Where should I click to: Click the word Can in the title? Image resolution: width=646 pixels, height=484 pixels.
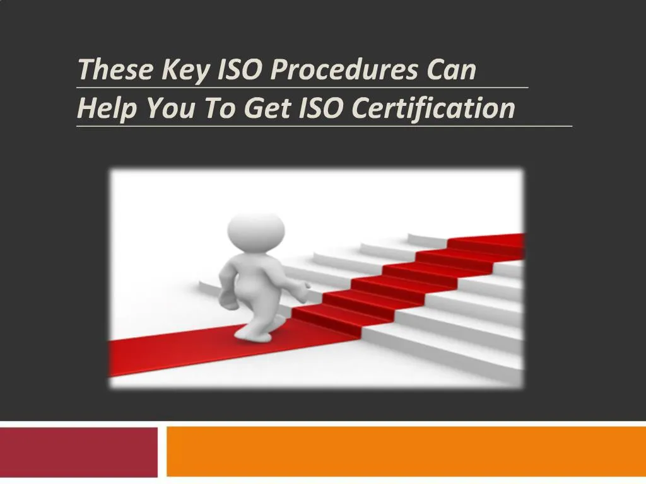[451, 69]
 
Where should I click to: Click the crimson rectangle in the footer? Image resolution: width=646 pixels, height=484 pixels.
[78, 452]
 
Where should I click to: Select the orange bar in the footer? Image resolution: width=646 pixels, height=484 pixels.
[406, 452]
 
